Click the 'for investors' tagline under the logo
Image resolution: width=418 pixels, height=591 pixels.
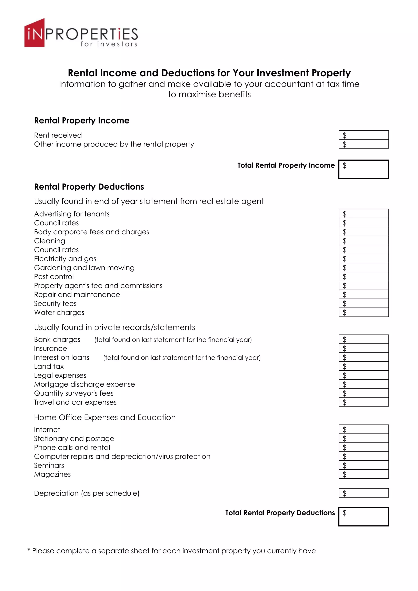pos(109,44)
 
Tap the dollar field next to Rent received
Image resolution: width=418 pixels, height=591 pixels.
pos(364,135)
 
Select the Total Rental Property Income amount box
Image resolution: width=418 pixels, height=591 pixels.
pos(364,169)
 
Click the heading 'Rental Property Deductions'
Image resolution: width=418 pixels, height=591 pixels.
pos(89,187)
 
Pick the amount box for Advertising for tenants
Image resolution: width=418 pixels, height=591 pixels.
pos(364,214)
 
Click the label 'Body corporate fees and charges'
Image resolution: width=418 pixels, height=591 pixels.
pos(92,232)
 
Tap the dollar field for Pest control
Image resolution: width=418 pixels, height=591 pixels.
pos(364,277)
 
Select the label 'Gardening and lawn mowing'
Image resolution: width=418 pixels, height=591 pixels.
pos(84,268)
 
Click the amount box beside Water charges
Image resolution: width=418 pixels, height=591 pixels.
pos(364,312)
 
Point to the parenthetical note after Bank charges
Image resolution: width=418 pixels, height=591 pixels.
pos(173,340)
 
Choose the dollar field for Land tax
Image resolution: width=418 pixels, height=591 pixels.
pos(364,366)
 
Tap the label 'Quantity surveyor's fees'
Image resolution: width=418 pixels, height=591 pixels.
pos(74,393)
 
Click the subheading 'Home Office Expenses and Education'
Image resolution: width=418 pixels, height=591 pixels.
pos(105,417)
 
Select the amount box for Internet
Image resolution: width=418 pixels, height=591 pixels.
pos(364,429)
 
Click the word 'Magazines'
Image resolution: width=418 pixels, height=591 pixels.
pos(52,474)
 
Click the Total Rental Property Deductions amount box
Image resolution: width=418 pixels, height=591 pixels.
pos(364,517)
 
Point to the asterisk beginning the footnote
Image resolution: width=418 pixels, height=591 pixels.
pos(29,550)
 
